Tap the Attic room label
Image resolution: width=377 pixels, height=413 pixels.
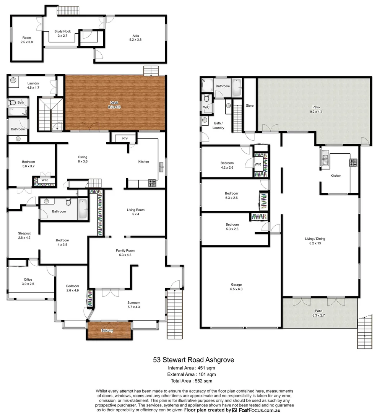[x=135, y=37]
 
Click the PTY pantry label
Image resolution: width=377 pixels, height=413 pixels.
[x=125, y=138]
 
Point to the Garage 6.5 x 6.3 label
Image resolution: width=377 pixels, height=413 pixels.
[x=236, y=287]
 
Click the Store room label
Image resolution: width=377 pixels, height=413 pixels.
[x=250, y=106]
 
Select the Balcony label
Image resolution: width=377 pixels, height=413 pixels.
[x=107, y=330]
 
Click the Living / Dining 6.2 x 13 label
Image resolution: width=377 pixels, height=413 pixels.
[x=315, y=241]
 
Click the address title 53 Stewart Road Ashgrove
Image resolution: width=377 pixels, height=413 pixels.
[x=193, y=359]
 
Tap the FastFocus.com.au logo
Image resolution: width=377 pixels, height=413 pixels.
[x=256, y=410]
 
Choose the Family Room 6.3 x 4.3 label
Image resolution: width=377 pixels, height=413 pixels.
[x=125, y=253]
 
